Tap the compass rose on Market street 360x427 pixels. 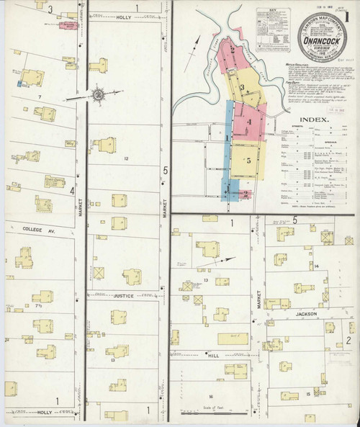pos(99,93)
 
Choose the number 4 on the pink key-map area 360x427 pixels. pos(248,122)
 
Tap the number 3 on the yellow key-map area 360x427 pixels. pos(243,89)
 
